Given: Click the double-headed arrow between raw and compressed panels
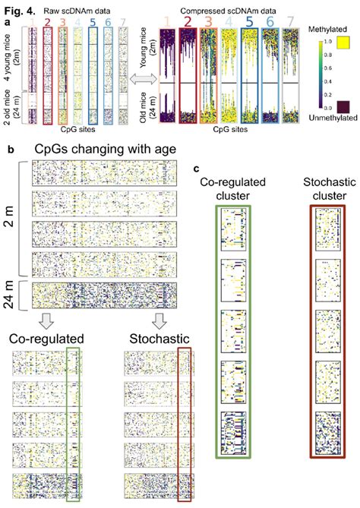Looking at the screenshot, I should [140, 78].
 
